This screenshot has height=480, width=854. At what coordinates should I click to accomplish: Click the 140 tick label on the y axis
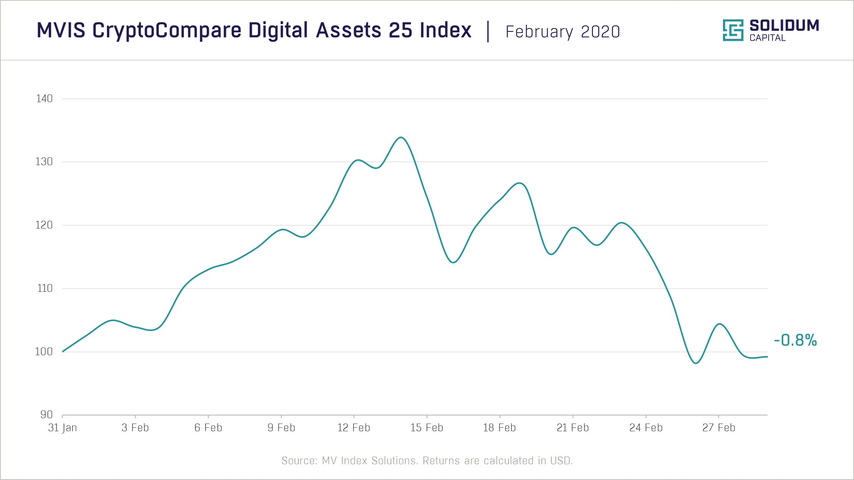[x=44, y=99]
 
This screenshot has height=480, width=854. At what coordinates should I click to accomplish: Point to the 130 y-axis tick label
[x=44, y=162]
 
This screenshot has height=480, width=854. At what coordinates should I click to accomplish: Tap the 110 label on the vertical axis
[x=45, y=288]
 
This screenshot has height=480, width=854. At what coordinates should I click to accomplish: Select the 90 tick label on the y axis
[x=47, y=415]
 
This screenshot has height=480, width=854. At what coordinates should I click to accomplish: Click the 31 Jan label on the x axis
[x=62, y=428]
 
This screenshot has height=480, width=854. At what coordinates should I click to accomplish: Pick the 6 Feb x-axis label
[x=208, y=428]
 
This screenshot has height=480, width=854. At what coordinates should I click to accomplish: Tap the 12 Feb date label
[x=354, y=428]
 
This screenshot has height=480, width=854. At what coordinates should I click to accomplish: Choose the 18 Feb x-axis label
[x=499, y=428]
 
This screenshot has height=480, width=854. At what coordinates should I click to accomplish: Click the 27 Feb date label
[x=719, y=428]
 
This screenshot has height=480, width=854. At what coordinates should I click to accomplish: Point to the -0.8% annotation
[x=795, y=340]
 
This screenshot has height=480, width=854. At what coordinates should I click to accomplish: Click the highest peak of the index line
[x=401, y=137]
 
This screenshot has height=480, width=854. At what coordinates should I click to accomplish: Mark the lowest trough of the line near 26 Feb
[x=696, y=363]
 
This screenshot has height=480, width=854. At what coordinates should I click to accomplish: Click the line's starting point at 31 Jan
[x=63, y=351]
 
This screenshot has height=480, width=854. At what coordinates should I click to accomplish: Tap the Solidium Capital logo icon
[x=733, y=30]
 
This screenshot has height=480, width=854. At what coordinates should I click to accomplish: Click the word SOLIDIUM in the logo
[x=784, y=26]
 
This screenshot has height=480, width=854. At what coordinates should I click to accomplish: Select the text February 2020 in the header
[x=563, y=32]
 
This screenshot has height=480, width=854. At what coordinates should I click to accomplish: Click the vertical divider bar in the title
[x=488, y=31]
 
